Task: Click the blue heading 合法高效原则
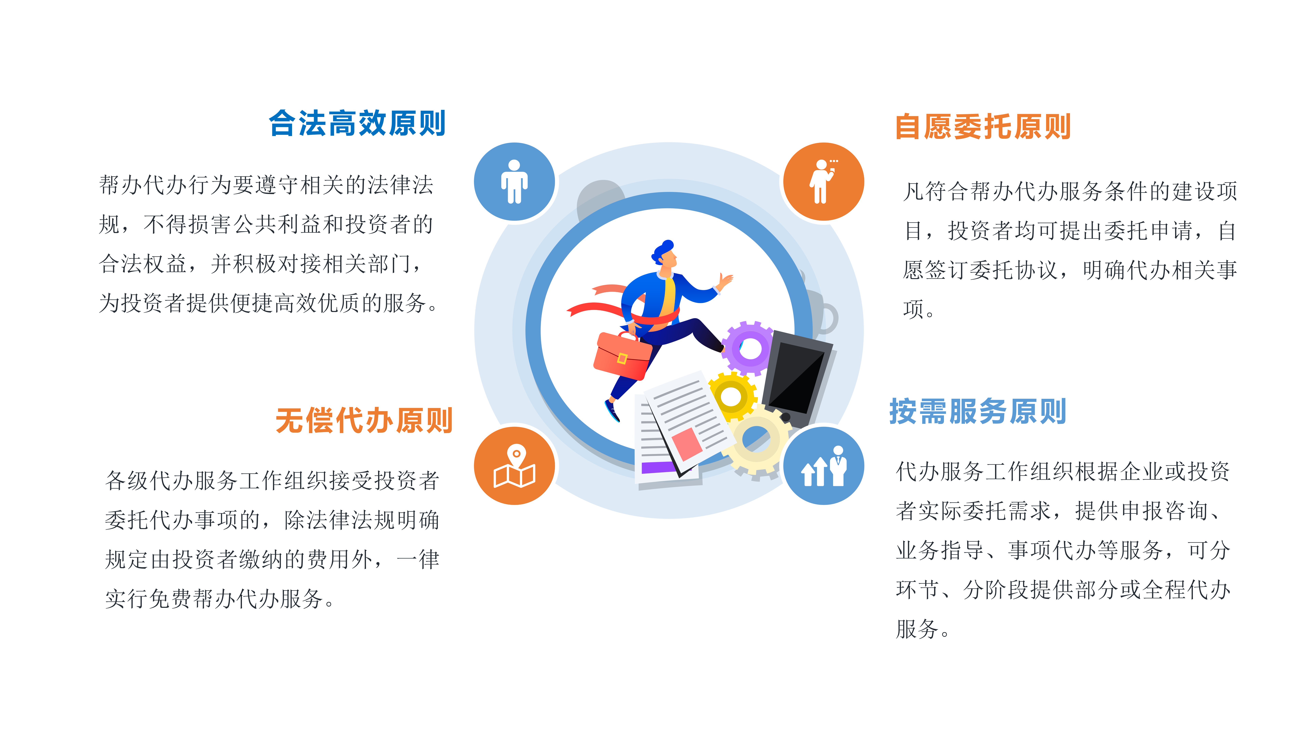[x=357, y=123]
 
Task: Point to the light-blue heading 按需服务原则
[x=977, y=412]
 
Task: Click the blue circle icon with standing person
[x=514, y=182]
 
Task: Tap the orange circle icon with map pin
[x=514, y=466]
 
